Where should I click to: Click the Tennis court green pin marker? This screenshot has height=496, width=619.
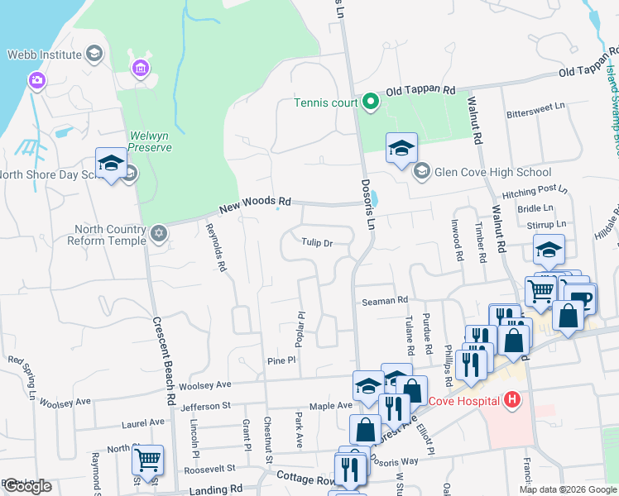371,103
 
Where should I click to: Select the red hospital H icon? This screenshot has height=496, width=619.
512,401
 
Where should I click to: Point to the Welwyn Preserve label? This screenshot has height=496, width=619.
150,141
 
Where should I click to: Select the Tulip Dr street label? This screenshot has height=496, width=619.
316,243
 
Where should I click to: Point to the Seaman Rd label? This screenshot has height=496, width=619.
386,301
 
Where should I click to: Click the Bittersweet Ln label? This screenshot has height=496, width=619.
535,107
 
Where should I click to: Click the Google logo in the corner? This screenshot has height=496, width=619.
27,486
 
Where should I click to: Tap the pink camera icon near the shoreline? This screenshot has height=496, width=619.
36,80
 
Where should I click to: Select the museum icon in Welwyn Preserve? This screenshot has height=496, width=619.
139,66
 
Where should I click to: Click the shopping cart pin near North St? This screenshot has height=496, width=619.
148,460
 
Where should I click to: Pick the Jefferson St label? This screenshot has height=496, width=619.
205,406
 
